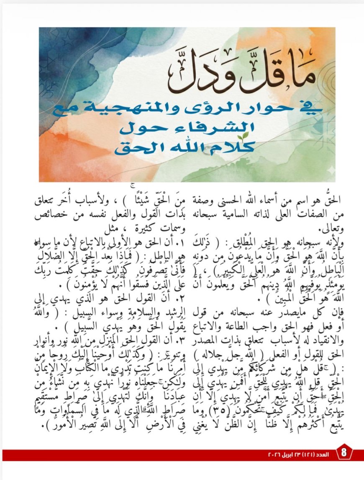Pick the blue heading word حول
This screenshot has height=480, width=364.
tap(141, 127)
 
